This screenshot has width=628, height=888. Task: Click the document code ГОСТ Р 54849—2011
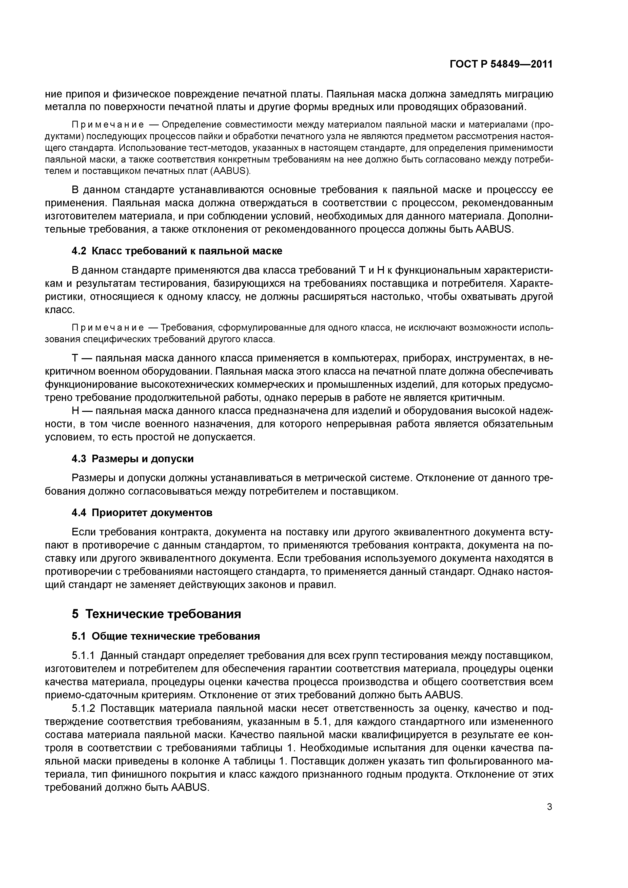click(x=501, y=64)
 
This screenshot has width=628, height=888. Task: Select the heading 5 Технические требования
click(x=156, y=614)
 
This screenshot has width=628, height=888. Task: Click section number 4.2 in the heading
click(x=79, y=251)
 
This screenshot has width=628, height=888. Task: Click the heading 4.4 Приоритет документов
click(x=142, y=513)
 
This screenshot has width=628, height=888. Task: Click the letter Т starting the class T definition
click(x=75, y=358)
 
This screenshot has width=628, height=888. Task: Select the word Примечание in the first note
click(x=108, y=125)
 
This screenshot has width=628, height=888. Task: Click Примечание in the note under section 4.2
click(x=108, y=328)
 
